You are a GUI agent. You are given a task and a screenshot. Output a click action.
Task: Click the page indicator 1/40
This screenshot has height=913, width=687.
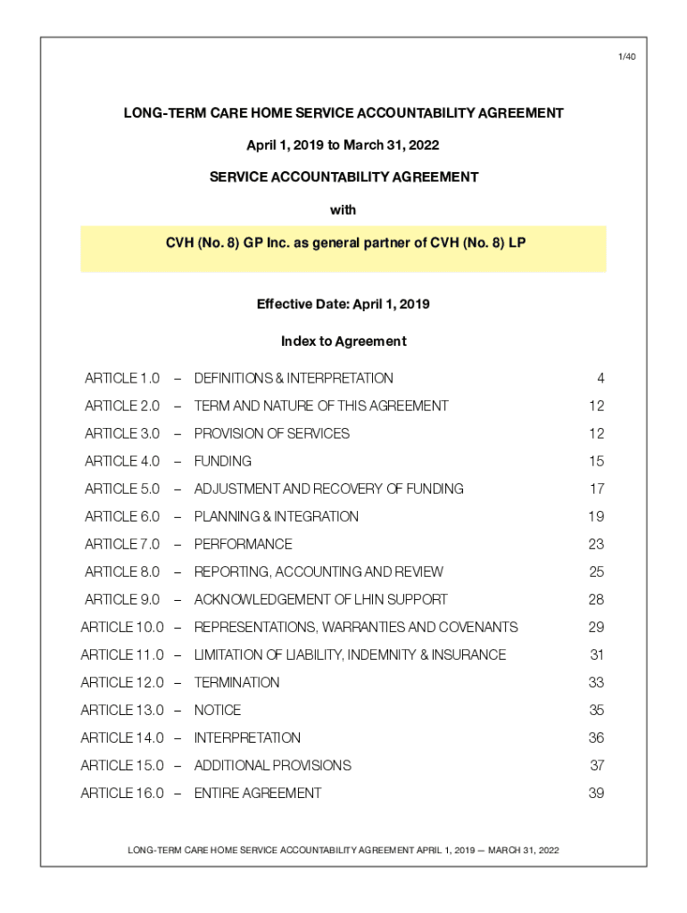point(627,57)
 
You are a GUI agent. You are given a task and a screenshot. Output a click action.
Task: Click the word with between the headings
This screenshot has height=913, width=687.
point(343,210)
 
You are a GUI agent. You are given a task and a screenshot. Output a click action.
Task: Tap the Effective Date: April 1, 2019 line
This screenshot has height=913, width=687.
point(343,304)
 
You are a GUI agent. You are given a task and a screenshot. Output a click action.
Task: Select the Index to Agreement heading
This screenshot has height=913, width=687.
point(343,341)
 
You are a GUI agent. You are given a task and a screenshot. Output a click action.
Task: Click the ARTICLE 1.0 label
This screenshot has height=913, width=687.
point(122,378)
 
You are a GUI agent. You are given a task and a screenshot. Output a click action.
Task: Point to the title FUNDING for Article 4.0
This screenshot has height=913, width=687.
point(223,461)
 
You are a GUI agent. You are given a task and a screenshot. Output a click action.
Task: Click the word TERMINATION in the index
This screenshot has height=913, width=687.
point(236,682)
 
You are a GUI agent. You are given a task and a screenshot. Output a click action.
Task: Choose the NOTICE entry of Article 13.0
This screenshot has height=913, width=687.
point(218,710)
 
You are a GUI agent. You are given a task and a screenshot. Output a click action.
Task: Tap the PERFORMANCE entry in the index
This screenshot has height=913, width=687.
point(243,544)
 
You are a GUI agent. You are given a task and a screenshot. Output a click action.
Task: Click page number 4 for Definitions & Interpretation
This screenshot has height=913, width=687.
point(600,378)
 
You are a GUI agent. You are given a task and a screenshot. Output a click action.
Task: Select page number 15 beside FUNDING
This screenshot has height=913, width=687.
point(596,461)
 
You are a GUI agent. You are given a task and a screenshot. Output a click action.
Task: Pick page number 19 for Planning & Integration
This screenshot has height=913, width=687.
point(596,516)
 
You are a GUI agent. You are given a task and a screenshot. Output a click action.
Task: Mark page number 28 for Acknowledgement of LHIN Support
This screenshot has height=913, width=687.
point(596,599)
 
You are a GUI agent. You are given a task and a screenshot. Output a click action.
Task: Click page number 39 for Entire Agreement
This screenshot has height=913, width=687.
point(596,793)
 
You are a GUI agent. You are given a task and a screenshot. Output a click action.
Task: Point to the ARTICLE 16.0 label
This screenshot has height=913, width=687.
point(122,793)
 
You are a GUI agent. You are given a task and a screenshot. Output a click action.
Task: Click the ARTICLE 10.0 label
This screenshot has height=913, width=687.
point(122,627)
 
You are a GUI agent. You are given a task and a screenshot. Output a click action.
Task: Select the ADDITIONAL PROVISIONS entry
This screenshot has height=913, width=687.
point(272,765)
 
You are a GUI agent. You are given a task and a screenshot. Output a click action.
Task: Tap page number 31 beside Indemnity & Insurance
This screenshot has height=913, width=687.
point(597,654)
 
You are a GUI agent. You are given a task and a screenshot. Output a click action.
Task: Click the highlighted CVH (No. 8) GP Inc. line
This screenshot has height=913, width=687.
point(343,242)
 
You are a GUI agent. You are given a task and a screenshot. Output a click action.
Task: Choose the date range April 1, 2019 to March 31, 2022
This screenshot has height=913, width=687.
point(343,144)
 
